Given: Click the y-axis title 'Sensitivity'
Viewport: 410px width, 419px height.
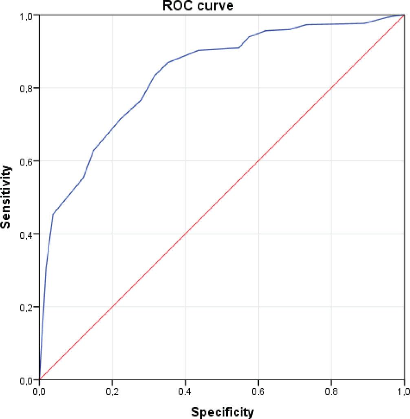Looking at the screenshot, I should pyautogui.click(x=7, y=196).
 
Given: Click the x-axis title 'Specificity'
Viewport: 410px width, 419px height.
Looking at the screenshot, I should pyautogui.click(x=223, y=412).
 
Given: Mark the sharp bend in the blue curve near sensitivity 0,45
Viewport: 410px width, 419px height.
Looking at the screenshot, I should pyautogui.click(x=53, y=214).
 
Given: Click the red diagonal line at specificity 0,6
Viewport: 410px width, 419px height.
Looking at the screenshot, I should pyautogui.click(x=258, y=161).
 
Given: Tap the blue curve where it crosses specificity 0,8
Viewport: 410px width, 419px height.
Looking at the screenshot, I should pyautogui.click(x=331, y=24).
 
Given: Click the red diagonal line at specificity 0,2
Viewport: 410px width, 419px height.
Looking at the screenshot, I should pyautogui.click(x=112, y=307).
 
